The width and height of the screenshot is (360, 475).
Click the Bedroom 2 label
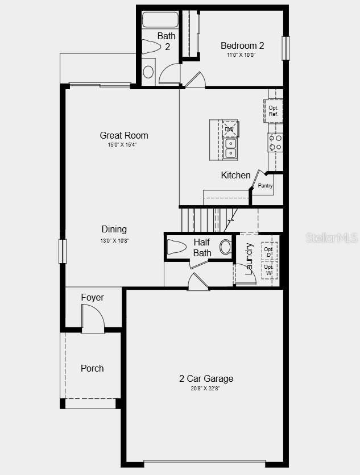coord(242,45)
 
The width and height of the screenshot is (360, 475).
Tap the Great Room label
coord(124,135)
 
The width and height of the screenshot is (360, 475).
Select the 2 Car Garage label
coord(206,379)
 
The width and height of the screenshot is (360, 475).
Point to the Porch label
coord(92,368)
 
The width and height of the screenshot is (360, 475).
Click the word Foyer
coord(92,298)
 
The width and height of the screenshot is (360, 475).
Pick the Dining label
coord(114,230)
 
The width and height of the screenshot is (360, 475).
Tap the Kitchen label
coord(235,176)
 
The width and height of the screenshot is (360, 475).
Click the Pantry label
coord(265,186)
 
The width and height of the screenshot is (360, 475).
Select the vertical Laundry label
coord(249,260)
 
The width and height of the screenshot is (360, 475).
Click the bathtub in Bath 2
coord(159,20)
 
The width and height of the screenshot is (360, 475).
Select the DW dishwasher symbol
coord(229,129)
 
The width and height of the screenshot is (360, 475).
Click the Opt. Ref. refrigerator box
coord(274,111)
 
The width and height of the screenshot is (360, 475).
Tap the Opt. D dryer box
coord(269,251)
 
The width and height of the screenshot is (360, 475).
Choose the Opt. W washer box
coord(269,270)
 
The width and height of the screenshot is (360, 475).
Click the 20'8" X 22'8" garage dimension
coord(206,389)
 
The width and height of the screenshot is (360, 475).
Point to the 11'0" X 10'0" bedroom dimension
coord(242,55)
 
